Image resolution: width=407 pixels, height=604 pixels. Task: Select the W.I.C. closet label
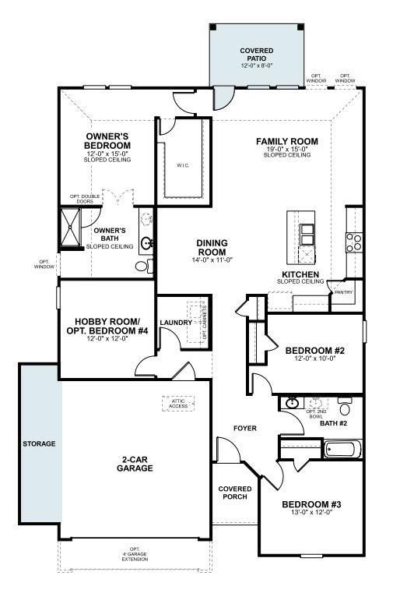184,165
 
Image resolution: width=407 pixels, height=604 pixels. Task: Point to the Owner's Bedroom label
107,140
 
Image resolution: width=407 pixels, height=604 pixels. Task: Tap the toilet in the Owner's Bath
142,267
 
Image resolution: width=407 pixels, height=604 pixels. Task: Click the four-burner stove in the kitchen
353,242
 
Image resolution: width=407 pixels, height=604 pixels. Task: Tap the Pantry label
343,293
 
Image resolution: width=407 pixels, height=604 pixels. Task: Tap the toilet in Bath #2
345,407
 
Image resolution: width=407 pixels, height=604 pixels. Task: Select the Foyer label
246,429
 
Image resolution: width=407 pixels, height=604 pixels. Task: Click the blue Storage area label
39,443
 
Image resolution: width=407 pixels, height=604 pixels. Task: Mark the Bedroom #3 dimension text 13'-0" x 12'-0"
311,513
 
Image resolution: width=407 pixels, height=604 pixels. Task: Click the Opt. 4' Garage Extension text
135,554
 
